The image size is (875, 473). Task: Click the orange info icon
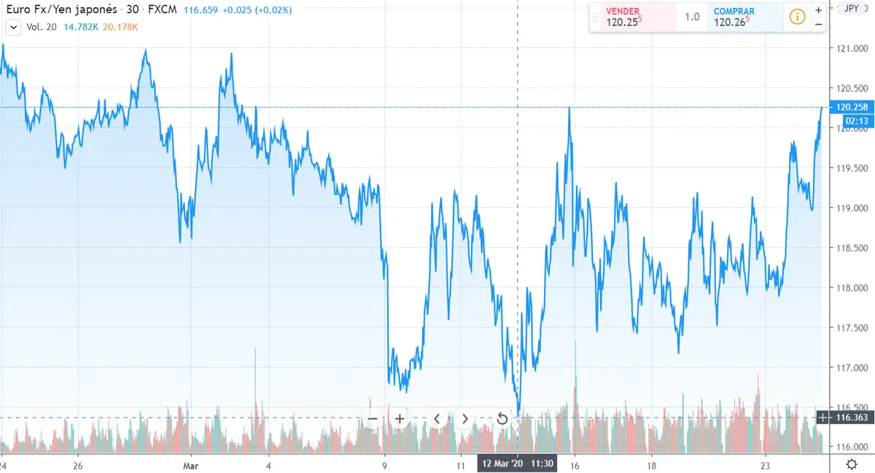tap(797, 17)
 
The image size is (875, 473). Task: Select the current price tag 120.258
tap(849, 107)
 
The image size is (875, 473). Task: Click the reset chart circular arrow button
tap(502, 419)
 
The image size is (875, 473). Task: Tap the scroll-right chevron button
tap(464, 419)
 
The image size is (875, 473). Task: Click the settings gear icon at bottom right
tap(851, 464)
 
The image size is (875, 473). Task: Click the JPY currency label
tap(851, 8)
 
